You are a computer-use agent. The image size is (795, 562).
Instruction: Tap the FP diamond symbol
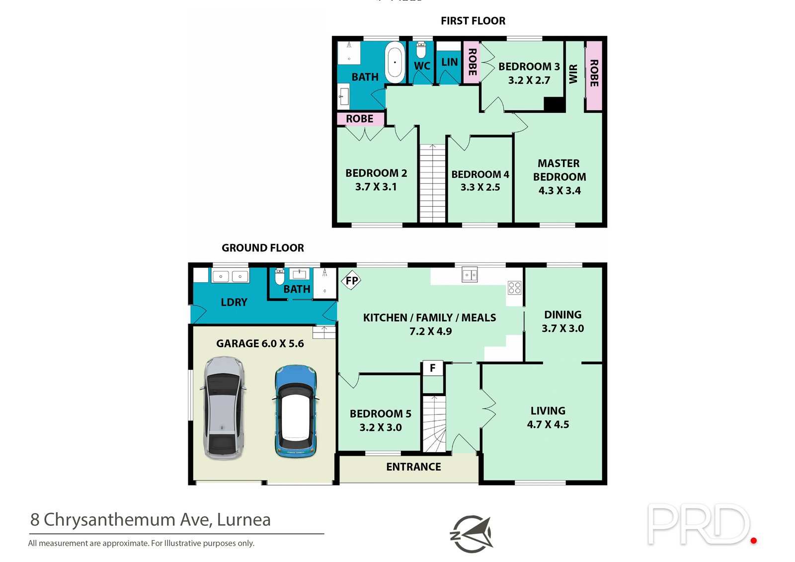pyautogui.click(x=351, y=280)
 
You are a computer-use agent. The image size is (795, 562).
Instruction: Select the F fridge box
pyautogui.click(x=433, y=368)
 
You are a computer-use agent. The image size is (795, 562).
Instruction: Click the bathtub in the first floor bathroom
pyautogui.click(x=395, y=63)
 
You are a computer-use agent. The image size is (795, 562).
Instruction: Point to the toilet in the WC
pyautogui.click(x=421, y=50)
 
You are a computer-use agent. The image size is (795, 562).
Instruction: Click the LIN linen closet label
pyautogui.click(x=449, y=62)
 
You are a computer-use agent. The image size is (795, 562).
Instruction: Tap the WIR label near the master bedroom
pyautogui.click(x=573, y=74)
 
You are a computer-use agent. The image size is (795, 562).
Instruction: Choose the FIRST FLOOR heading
pyautogui.click(x=473, y=21)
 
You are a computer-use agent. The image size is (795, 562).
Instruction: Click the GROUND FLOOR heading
pyautogui.click(x=263, y=248)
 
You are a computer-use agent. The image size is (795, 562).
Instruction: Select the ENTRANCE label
pyautogui.click(x=413, y=467)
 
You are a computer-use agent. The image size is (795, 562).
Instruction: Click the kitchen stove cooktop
pyautogui.click(x=514, y=288)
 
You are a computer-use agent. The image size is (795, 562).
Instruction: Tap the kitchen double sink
pyautogui.click(x=470, y=275)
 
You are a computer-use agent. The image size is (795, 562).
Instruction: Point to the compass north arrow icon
pyautogui.click(x=472, y=534)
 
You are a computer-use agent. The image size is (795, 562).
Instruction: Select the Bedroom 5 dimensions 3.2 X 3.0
pyautogui.click(x=381, y=427)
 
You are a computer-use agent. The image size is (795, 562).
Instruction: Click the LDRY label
pyautogui.click(x=234, y=302)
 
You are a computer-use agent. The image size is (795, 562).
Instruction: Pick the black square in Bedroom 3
pyautogui.click(x=555, y=104)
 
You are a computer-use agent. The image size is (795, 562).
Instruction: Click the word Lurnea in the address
pyautogui.click(x=243, y=520)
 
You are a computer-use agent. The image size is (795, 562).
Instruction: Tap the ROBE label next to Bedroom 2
pyautogui.click(x=360, y=119)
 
